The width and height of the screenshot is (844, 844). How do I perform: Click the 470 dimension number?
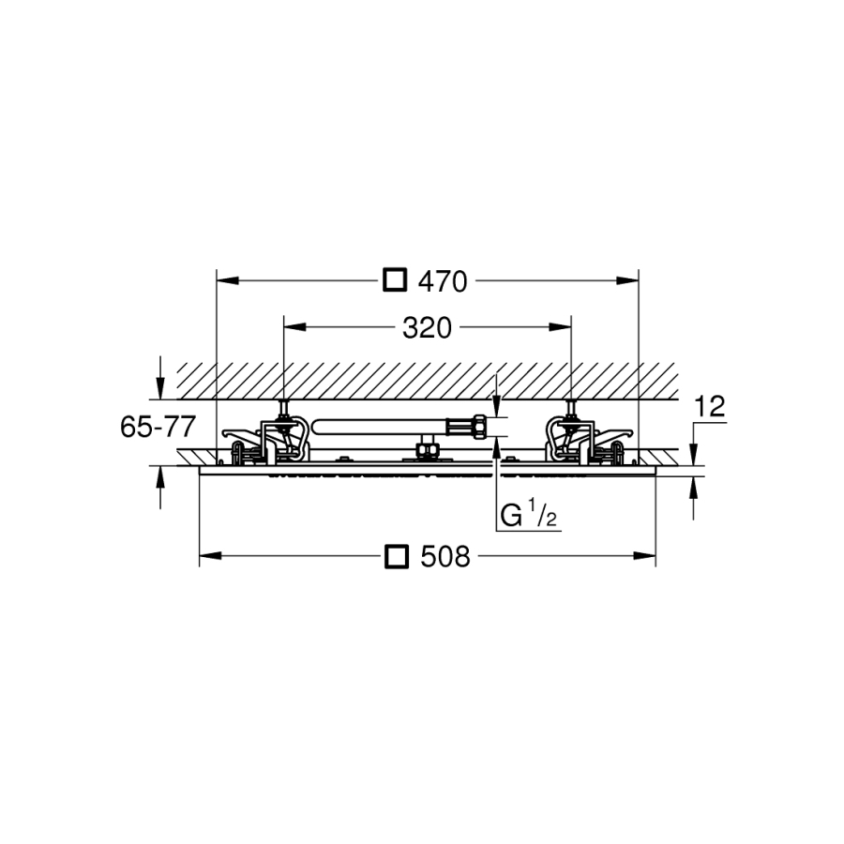click(x=443, y=281)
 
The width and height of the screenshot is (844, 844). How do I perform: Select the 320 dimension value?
click(x=428, y=328)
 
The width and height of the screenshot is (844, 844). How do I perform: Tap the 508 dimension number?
click(x=445, y=556)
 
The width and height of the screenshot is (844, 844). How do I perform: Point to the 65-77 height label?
click(x=158, y=428)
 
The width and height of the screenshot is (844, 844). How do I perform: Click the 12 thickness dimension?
click(x=711, y=407)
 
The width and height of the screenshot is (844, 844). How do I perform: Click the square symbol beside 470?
click(x=395, y=279)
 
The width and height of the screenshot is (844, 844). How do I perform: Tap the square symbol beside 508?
click(x=397, y=556)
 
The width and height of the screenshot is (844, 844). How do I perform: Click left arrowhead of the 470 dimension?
click(x=227, y=280)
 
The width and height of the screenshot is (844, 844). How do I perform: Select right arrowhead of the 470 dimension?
click(x=627, y=280)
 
